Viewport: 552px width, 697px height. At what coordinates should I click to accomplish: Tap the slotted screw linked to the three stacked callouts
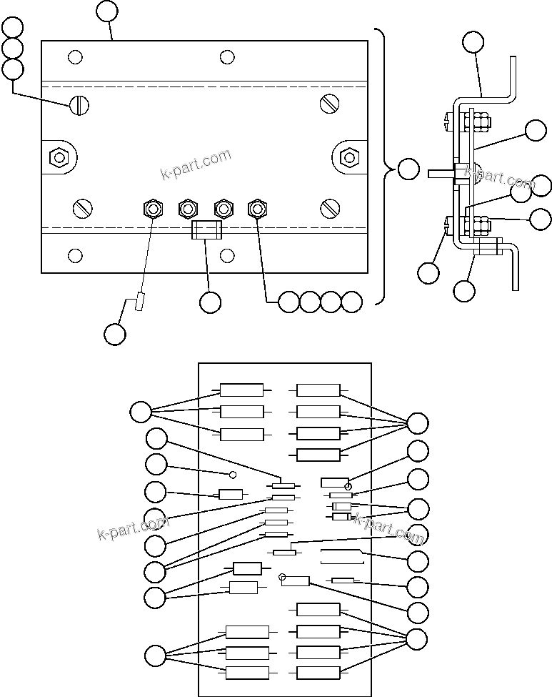pyautogui.click(x=78, y=105)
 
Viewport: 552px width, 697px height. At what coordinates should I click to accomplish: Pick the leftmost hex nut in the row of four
pyautogui.click(x=152, y=209)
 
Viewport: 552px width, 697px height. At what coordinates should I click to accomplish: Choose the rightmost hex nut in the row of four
pyautogui.click(x=257, y=209)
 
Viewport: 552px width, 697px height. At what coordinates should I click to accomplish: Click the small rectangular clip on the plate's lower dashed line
pyautogui.click(x=206, y=230)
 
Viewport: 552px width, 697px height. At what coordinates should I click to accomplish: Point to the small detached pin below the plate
pyautogui.click(x=140, y=303)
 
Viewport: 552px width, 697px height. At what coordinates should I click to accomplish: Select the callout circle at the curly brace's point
pyautogui.click(x=408, y=170)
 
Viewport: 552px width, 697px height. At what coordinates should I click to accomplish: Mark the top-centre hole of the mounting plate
pyautogui.click(x=227, y=56)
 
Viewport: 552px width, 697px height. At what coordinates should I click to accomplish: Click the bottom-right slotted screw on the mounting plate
pyautogui.click(x=329, y=208)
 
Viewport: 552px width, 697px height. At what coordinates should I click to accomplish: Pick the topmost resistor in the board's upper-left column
pyautogui.click(x=241, y=390)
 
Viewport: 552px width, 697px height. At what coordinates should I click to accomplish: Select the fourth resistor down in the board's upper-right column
pyautogui.click(x=318, y=454)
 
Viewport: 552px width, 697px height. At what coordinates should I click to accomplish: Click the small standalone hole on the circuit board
pyautogui.click(x=232, y=474)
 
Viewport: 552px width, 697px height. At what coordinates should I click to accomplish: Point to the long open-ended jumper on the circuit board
pyautogui.click(x=343, y=558)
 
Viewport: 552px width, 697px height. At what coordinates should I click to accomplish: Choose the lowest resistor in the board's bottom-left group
pyautogui.click(x=247, y=672)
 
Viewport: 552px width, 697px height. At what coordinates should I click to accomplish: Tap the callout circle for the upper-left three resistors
pyautogui.click(x=141, y=412)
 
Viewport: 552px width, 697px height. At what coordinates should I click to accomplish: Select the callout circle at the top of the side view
pyautogui.click(x=473, y=41)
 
